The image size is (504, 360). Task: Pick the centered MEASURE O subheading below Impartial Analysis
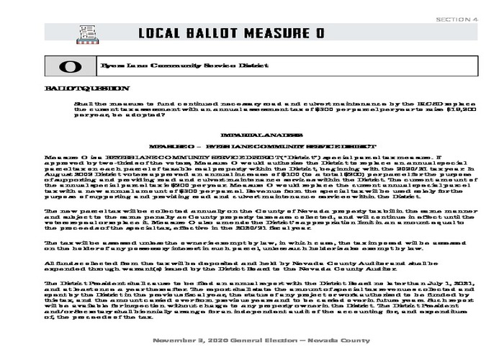tap(251, 145)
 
